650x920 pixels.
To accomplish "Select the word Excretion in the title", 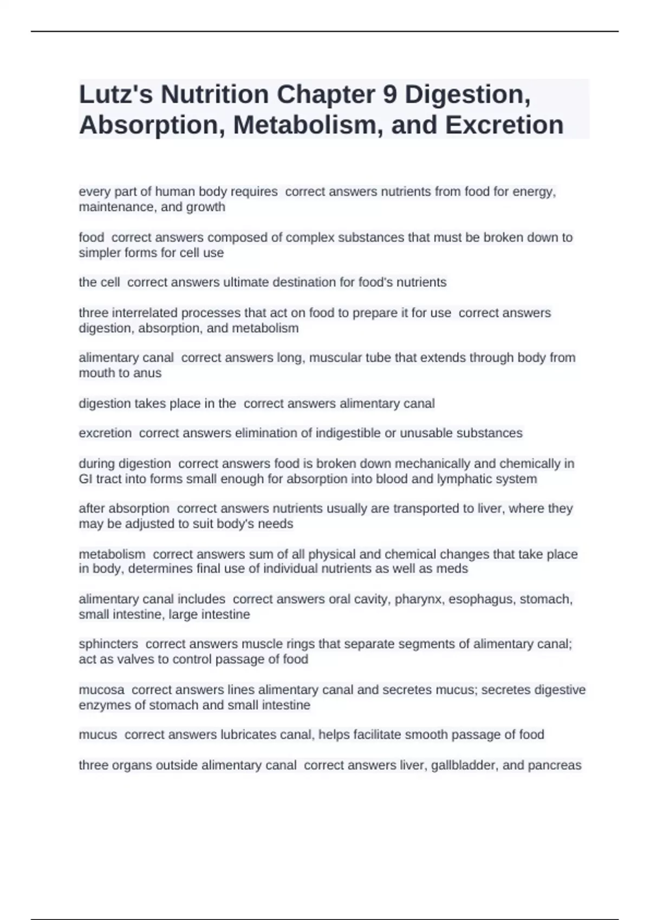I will tap(504, 125).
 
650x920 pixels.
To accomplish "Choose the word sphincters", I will tap(108, 644).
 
